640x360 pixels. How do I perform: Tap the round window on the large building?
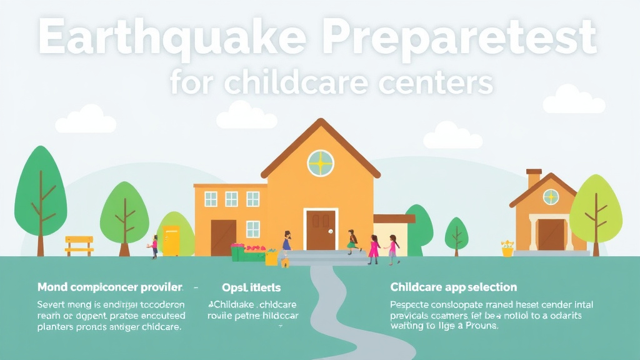321,163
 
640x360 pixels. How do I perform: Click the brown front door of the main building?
321,230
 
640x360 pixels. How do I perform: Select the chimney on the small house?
534,178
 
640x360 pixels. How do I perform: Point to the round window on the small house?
551,197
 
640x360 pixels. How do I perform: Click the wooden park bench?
79,245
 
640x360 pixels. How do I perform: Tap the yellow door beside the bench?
171,241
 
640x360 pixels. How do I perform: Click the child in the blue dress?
286,241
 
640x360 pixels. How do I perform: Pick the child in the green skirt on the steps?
352,241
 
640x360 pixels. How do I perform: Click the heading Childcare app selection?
453,287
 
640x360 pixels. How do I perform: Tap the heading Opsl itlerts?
251,287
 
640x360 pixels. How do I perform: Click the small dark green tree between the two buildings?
456,234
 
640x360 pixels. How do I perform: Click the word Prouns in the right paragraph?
479,326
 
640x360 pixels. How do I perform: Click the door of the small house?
551,234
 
